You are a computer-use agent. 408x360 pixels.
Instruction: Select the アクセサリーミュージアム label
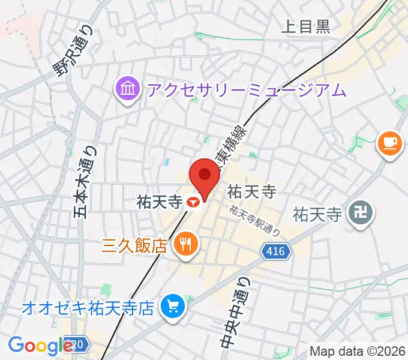[x=247, y=91]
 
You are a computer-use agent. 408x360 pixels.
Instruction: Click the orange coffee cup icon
[x=389, y=142]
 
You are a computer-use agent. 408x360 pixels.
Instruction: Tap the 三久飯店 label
[x=134, y=245]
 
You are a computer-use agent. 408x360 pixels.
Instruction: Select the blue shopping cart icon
[x=171, y=308]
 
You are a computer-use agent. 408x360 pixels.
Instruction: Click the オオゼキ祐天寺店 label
[x=88, y=309]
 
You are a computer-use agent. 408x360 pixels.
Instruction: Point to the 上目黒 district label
[x=306, y=26]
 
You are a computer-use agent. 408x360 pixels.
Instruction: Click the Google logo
[x=40, y=346]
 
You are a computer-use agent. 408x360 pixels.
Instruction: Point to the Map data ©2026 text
[x=357, y=351]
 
